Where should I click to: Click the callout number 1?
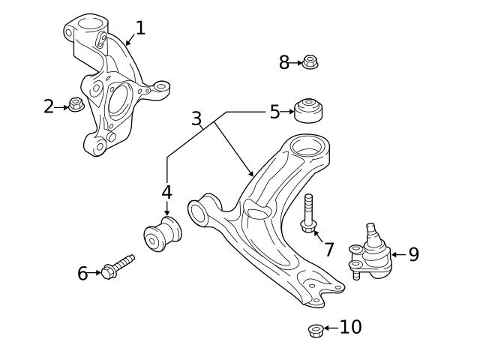point(139,28)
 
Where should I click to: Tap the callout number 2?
point(49,106)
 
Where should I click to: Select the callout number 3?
point(196,118)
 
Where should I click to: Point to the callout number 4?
point(166,192)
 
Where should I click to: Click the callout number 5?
point(274,112)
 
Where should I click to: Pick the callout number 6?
point(82,273)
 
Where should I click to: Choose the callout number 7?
point(328,249)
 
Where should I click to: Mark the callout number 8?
point(284,63)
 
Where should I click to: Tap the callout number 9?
point(413,254)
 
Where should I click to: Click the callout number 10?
point(350,327)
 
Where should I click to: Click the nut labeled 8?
point(310,63)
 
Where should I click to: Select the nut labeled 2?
point(75,104)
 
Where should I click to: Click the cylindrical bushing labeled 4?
point(163,234)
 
